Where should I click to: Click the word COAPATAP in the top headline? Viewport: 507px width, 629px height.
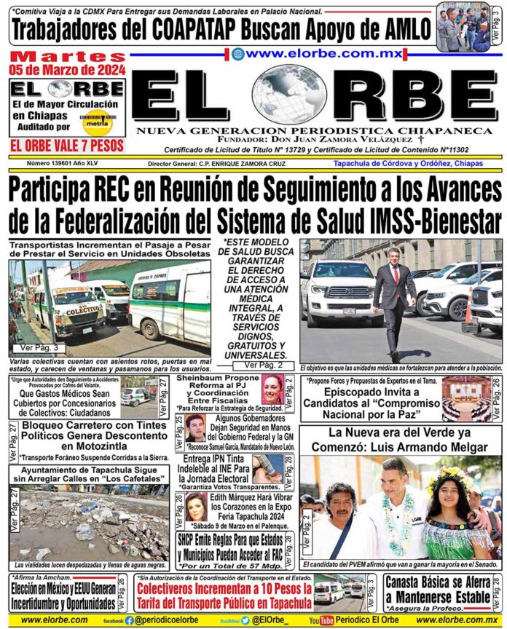[218, 31]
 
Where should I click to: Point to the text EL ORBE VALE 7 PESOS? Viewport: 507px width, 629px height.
[66, 145]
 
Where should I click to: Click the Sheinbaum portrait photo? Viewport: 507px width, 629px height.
[272, 390]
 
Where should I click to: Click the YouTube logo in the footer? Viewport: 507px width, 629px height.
[321, 620]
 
